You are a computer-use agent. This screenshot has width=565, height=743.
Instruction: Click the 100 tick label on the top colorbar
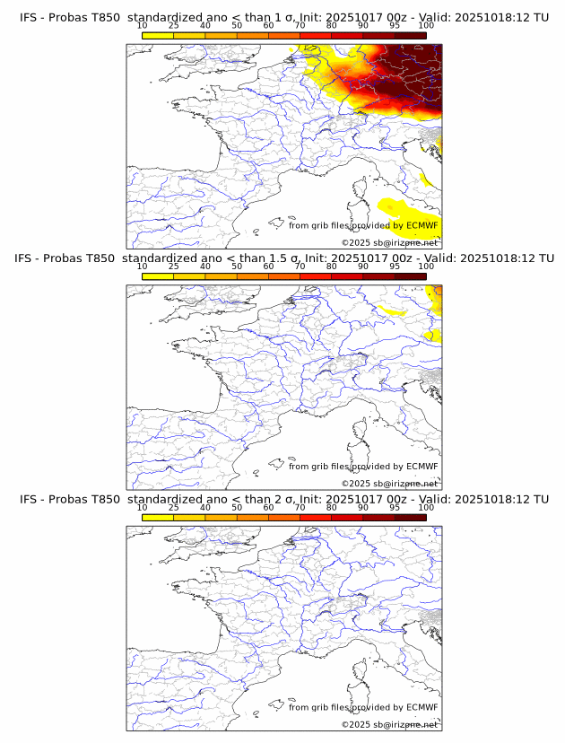coord(426,25)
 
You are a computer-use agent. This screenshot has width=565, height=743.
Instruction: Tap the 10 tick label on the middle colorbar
coord(143,266)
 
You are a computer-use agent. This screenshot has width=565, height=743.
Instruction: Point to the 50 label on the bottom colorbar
coord(237,507)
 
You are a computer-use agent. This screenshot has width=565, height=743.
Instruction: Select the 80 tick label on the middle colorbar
coord(332,266)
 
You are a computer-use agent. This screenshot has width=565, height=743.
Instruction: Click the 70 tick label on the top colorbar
coord(300,25)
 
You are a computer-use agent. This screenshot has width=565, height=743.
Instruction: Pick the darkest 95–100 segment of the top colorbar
coord(410,34)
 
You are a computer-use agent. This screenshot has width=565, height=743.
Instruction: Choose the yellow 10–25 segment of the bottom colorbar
coord(158,517)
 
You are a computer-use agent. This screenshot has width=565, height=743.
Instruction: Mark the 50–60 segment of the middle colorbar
coord(252,275)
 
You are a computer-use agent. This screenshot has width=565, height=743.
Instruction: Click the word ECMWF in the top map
coord(422,225)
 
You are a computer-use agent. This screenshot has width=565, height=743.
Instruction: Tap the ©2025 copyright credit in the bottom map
coord(355,725)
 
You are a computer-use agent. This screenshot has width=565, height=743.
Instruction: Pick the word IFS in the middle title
coord(29,258)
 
